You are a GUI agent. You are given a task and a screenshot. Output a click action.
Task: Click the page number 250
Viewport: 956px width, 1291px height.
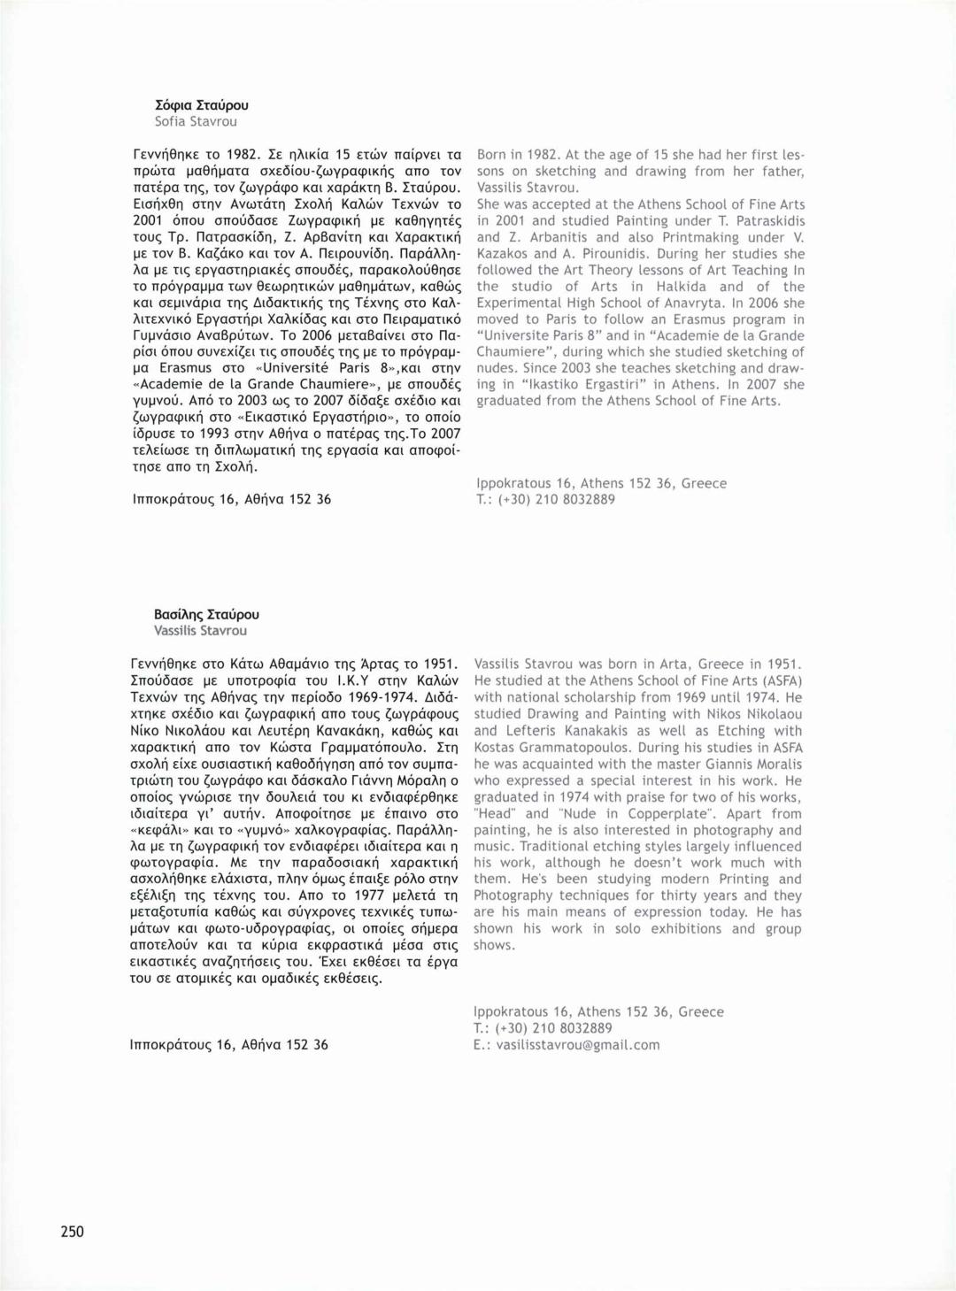tap(73, 1231)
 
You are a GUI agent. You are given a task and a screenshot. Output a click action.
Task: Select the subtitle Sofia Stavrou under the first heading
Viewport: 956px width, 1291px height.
tap(196, 121)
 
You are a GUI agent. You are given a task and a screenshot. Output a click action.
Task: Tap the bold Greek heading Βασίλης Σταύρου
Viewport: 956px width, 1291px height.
tap(206, 614)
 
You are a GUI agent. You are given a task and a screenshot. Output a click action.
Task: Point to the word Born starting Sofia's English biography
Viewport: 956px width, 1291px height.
tap(492, 155)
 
